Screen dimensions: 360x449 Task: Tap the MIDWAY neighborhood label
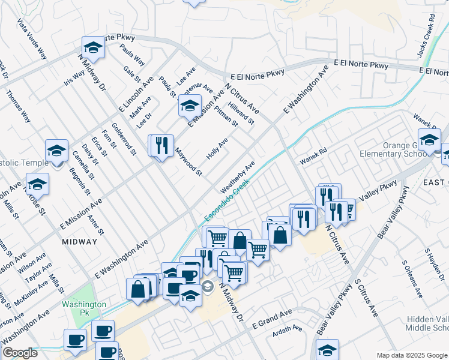[x=79, y=241]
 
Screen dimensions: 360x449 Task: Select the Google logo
[x=20, y=353]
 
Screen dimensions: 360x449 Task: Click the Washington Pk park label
[x=83, y=309]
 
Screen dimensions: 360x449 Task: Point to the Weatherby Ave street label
[x=238, y=177]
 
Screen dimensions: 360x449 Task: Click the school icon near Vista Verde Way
[x=94, y=47]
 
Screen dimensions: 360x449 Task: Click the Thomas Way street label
[x=18, y=106]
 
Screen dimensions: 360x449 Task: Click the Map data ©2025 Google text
[x=412, y=355]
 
